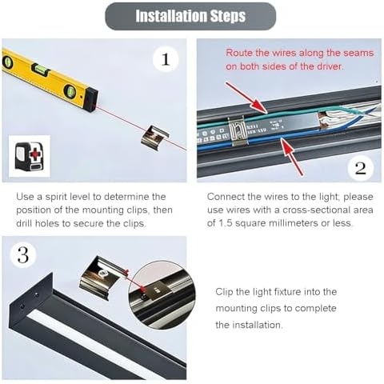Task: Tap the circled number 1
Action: (166, 59)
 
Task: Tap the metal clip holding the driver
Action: (234, 130)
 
